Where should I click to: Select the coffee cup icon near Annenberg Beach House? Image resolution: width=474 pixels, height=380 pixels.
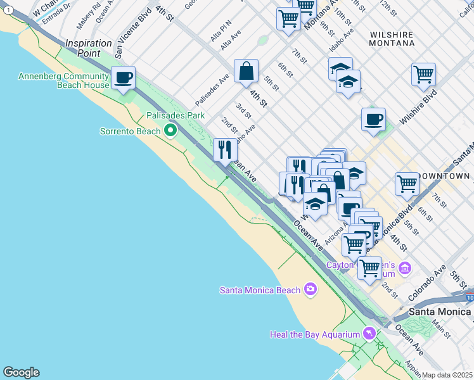124,79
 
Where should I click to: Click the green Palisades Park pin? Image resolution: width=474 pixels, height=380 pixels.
170,130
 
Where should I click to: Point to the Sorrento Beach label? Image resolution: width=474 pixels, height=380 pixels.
130,131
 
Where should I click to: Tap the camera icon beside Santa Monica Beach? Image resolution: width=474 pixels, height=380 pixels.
310,289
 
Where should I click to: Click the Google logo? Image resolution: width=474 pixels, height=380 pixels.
21,372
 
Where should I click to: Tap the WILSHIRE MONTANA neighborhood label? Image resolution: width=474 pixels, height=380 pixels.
392,39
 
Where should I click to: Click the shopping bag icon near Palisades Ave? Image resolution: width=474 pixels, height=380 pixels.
246,71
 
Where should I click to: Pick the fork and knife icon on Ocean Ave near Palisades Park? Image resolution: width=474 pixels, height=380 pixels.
225,150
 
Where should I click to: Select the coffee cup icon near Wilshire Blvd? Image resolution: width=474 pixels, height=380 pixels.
373,118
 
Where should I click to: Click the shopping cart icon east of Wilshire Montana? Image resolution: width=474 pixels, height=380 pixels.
423,73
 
